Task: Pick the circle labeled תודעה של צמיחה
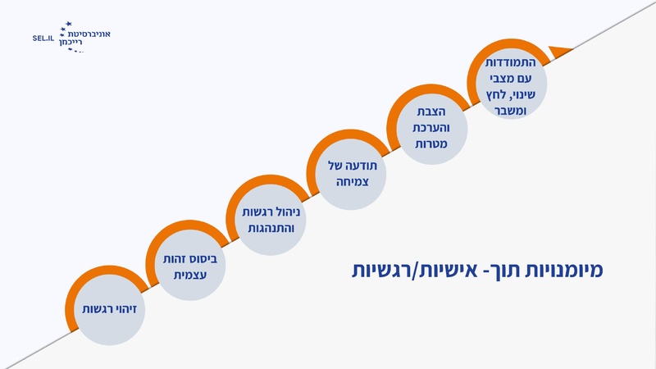click(x=347, y=174)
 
